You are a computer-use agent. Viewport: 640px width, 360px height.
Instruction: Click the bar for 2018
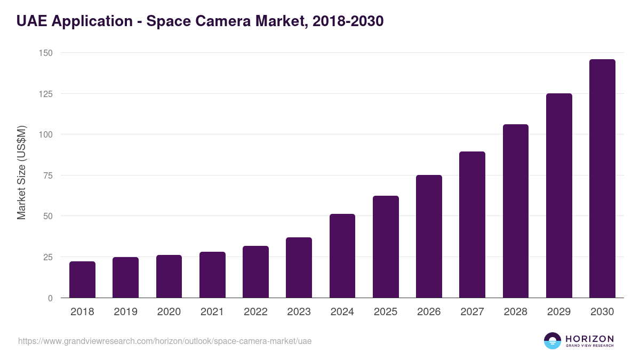pos(82,279)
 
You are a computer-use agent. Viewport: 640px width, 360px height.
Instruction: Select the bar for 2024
pos(342,256)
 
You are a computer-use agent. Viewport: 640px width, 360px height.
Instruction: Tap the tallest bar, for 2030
pos(602,179)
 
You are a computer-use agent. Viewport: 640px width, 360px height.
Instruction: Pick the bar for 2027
pos(472,225)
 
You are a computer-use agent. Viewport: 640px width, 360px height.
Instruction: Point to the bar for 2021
pos(212,275)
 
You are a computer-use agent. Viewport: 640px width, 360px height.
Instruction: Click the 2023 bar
pos(299,268)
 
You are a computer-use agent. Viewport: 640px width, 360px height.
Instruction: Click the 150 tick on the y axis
pos(45,53)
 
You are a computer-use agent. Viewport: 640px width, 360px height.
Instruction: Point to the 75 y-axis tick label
pos(47,175)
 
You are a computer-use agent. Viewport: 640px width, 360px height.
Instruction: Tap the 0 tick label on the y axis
pos(50,298)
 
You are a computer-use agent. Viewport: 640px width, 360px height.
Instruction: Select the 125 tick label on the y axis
pos(45,94)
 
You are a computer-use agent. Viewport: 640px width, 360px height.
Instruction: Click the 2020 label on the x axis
pos(169,312)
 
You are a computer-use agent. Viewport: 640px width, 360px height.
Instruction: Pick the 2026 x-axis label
pos(429,312)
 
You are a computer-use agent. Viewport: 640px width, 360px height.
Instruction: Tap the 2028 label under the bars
pos(515,312)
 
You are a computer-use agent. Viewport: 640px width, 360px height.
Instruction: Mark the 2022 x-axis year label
pos(255,312)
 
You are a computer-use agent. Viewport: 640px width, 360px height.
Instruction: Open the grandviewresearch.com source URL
pos(165,341)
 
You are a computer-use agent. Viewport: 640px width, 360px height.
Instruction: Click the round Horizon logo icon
pos(552,341)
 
